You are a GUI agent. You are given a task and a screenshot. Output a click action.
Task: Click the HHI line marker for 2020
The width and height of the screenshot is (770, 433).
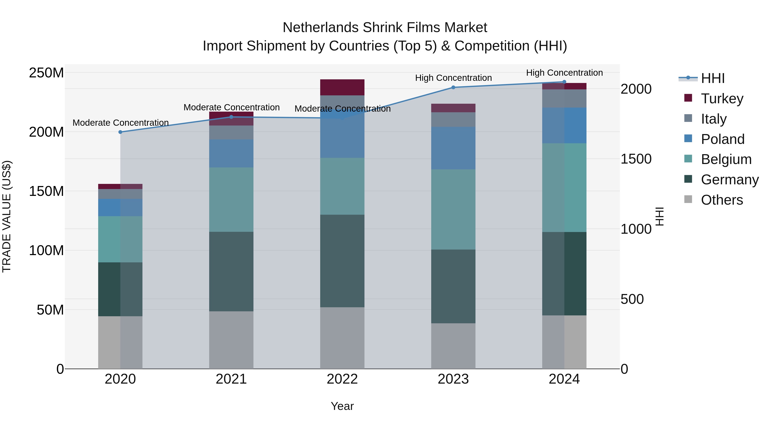coord(120,132)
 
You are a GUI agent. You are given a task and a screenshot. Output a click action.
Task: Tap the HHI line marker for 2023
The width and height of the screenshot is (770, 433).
coord(453,87)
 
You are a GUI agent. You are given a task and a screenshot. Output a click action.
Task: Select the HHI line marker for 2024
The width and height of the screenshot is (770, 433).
coord(564,82)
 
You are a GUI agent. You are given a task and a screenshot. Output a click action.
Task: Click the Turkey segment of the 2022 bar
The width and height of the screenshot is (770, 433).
coord(342,87)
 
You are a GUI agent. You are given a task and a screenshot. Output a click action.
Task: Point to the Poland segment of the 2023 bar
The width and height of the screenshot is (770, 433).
coord(453,148)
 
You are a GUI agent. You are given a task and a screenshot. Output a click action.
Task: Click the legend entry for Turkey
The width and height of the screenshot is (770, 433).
coord(722,98)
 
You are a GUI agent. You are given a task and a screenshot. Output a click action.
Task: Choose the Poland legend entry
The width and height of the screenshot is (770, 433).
coord(723,139)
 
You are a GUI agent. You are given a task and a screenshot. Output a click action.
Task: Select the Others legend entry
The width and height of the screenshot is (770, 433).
coord(722,200)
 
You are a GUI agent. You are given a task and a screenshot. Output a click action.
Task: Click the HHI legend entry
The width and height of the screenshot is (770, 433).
coord(713,78)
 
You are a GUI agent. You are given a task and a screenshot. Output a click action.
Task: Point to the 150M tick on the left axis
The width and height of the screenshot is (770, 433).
coord(46,191)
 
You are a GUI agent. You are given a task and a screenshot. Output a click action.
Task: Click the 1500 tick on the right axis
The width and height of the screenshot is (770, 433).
coord(636,159)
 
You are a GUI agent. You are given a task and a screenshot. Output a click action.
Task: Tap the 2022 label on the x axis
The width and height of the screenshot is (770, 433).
coord(342,379)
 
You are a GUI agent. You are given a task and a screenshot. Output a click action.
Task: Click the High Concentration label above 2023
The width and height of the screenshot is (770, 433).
coord(453,78)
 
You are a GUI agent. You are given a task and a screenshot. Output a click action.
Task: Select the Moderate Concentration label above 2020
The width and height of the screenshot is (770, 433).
coord(120,123)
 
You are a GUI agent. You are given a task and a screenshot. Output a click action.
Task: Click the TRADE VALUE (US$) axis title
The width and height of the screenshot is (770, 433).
coord(7,216)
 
